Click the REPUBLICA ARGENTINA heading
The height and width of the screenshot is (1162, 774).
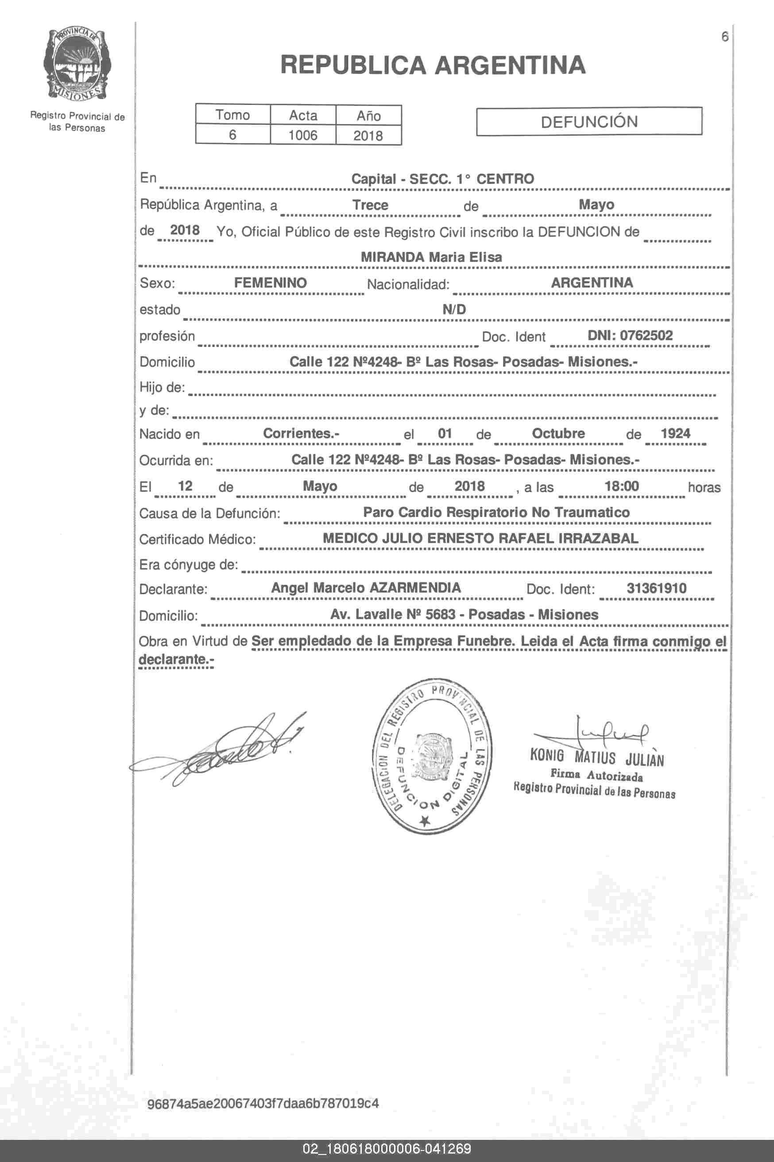tap(433, 65)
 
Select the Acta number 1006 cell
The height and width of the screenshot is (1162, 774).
tap(302, 135)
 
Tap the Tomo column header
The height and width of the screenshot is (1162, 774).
tap(232, 115)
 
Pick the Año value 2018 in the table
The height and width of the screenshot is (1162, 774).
tap(368, 135)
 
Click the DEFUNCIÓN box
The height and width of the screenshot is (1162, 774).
tap(589, 121)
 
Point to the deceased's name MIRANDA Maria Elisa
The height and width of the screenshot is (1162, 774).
tap(431, 257)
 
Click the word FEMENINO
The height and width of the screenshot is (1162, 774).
tap(270, 283)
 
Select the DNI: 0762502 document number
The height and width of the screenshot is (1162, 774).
tap(630, 336)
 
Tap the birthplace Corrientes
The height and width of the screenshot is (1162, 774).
tap(301, 433)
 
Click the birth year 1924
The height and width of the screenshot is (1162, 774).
tap(675, 433)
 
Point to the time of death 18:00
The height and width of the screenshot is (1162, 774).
tap(622, 486)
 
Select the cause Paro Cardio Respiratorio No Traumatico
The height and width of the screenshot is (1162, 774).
tap(496, 512)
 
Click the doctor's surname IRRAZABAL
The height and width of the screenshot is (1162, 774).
tap(598, 538)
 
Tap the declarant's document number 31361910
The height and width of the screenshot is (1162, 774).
tap(656, 588)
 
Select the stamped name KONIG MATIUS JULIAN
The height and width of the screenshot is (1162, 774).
tap(597, 757)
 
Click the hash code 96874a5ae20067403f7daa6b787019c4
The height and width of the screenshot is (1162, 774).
tap(263, 1103)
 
